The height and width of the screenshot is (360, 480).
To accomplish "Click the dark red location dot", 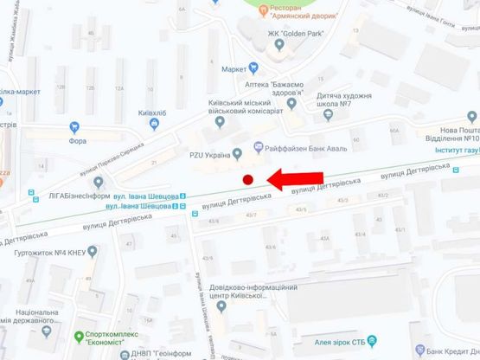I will click(x=247, y=180).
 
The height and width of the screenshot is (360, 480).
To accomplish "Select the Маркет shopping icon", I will click(x=253, y=68).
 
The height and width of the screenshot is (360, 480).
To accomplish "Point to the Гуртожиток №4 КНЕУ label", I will click(x=48, y=254).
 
